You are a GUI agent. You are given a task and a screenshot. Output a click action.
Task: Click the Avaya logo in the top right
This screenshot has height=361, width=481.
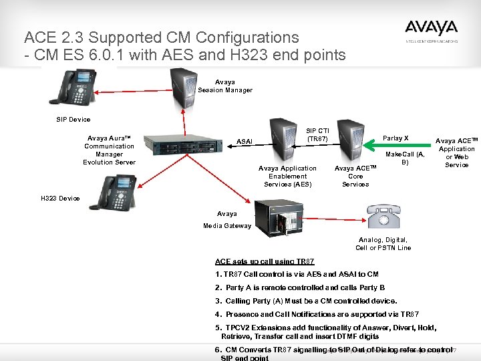pyautogui.click(x=431, y=29)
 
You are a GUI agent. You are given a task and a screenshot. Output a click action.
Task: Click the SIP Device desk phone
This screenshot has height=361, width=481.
pyautogui.click(x=79, y=88)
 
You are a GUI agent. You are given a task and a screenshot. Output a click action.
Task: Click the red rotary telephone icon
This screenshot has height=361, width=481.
pyautogui.click(x=383, y=217)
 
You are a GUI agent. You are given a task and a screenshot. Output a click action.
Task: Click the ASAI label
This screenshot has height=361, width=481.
pyautogui.click(x=245, y=142)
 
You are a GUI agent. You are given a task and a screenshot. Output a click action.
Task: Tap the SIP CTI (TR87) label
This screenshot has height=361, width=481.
pyautogui.click(x=317, y=134)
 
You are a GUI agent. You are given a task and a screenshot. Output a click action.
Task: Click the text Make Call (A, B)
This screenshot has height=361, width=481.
pyautogui.click(x=405, y=158)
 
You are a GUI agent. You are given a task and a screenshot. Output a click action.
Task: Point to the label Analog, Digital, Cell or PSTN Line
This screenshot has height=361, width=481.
pyautogui.click(x=383, y=243)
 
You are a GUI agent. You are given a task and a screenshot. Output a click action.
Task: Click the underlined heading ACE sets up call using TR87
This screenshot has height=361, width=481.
pyautogui.click(x=265, y=261)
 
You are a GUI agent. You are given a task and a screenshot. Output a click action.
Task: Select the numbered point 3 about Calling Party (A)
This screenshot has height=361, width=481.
pyautogui.click(x=306, y=301)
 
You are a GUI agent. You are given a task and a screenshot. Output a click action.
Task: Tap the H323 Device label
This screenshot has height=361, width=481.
pyautogui.click(x=60, y=199)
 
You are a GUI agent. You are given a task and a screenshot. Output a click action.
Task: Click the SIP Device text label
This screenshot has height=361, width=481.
pyautogui.click(x=73, y=120)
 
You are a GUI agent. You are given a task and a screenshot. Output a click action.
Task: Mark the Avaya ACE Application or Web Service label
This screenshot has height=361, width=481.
pyautogui.click(x=457, y=153)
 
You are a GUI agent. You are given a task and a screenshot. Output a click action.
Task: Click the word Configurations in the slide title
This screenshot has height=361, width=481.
pyautogui.click(x=249, y=37)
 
